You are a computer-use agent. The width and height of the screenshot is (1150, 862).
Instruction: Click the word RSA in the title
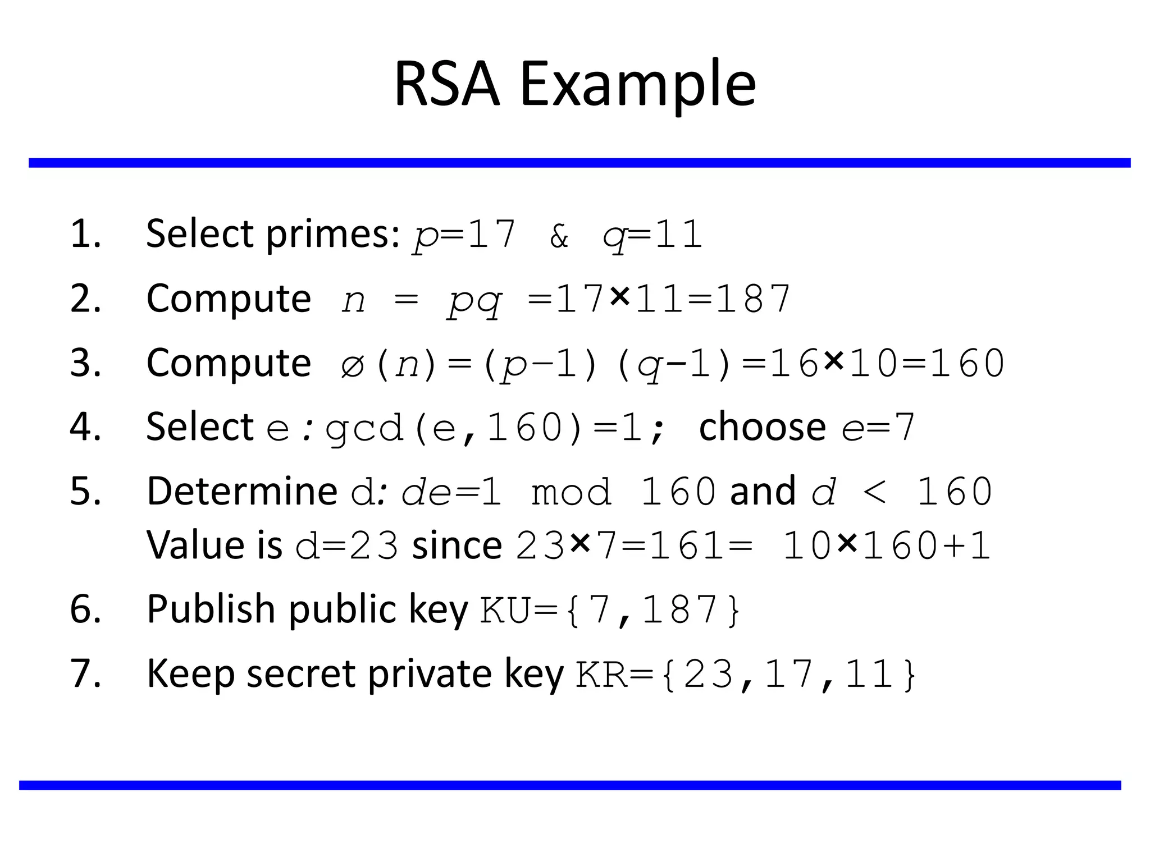click(x=446, y=84)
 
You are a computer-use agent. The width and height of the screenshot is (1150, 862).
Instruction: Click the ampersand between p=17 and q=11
click(x=559, y=236)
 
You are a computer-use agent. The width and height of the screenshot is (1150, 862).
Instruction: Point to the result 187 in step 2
click(x=752, y=299)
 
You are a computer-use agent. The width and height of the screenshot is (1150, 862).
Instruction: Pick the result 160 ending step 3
click(x=967, y=364)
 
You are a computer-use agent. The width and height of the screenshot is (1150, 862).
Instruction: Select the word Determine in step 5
click(x=241, y=492)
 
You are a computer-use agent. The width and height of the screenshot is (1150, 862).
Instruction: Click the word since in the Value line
click(x=457, y=545)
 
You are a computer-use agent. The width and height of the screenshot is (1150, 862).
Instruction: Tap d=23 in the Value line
click(x=346, y=546)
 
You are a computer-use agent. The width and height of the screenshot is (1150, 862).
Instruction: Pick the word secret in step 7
click(x=300, y=674)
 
